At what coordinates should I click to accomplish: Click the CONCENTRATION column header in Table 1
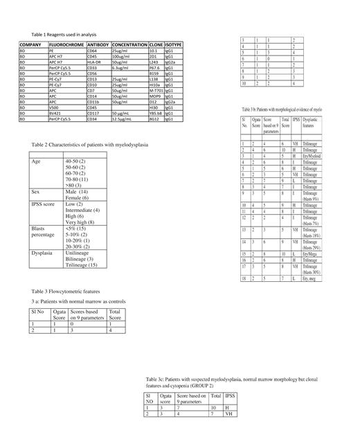129,44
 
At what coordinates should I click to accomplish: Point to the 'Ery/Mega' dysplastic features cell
312,274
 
